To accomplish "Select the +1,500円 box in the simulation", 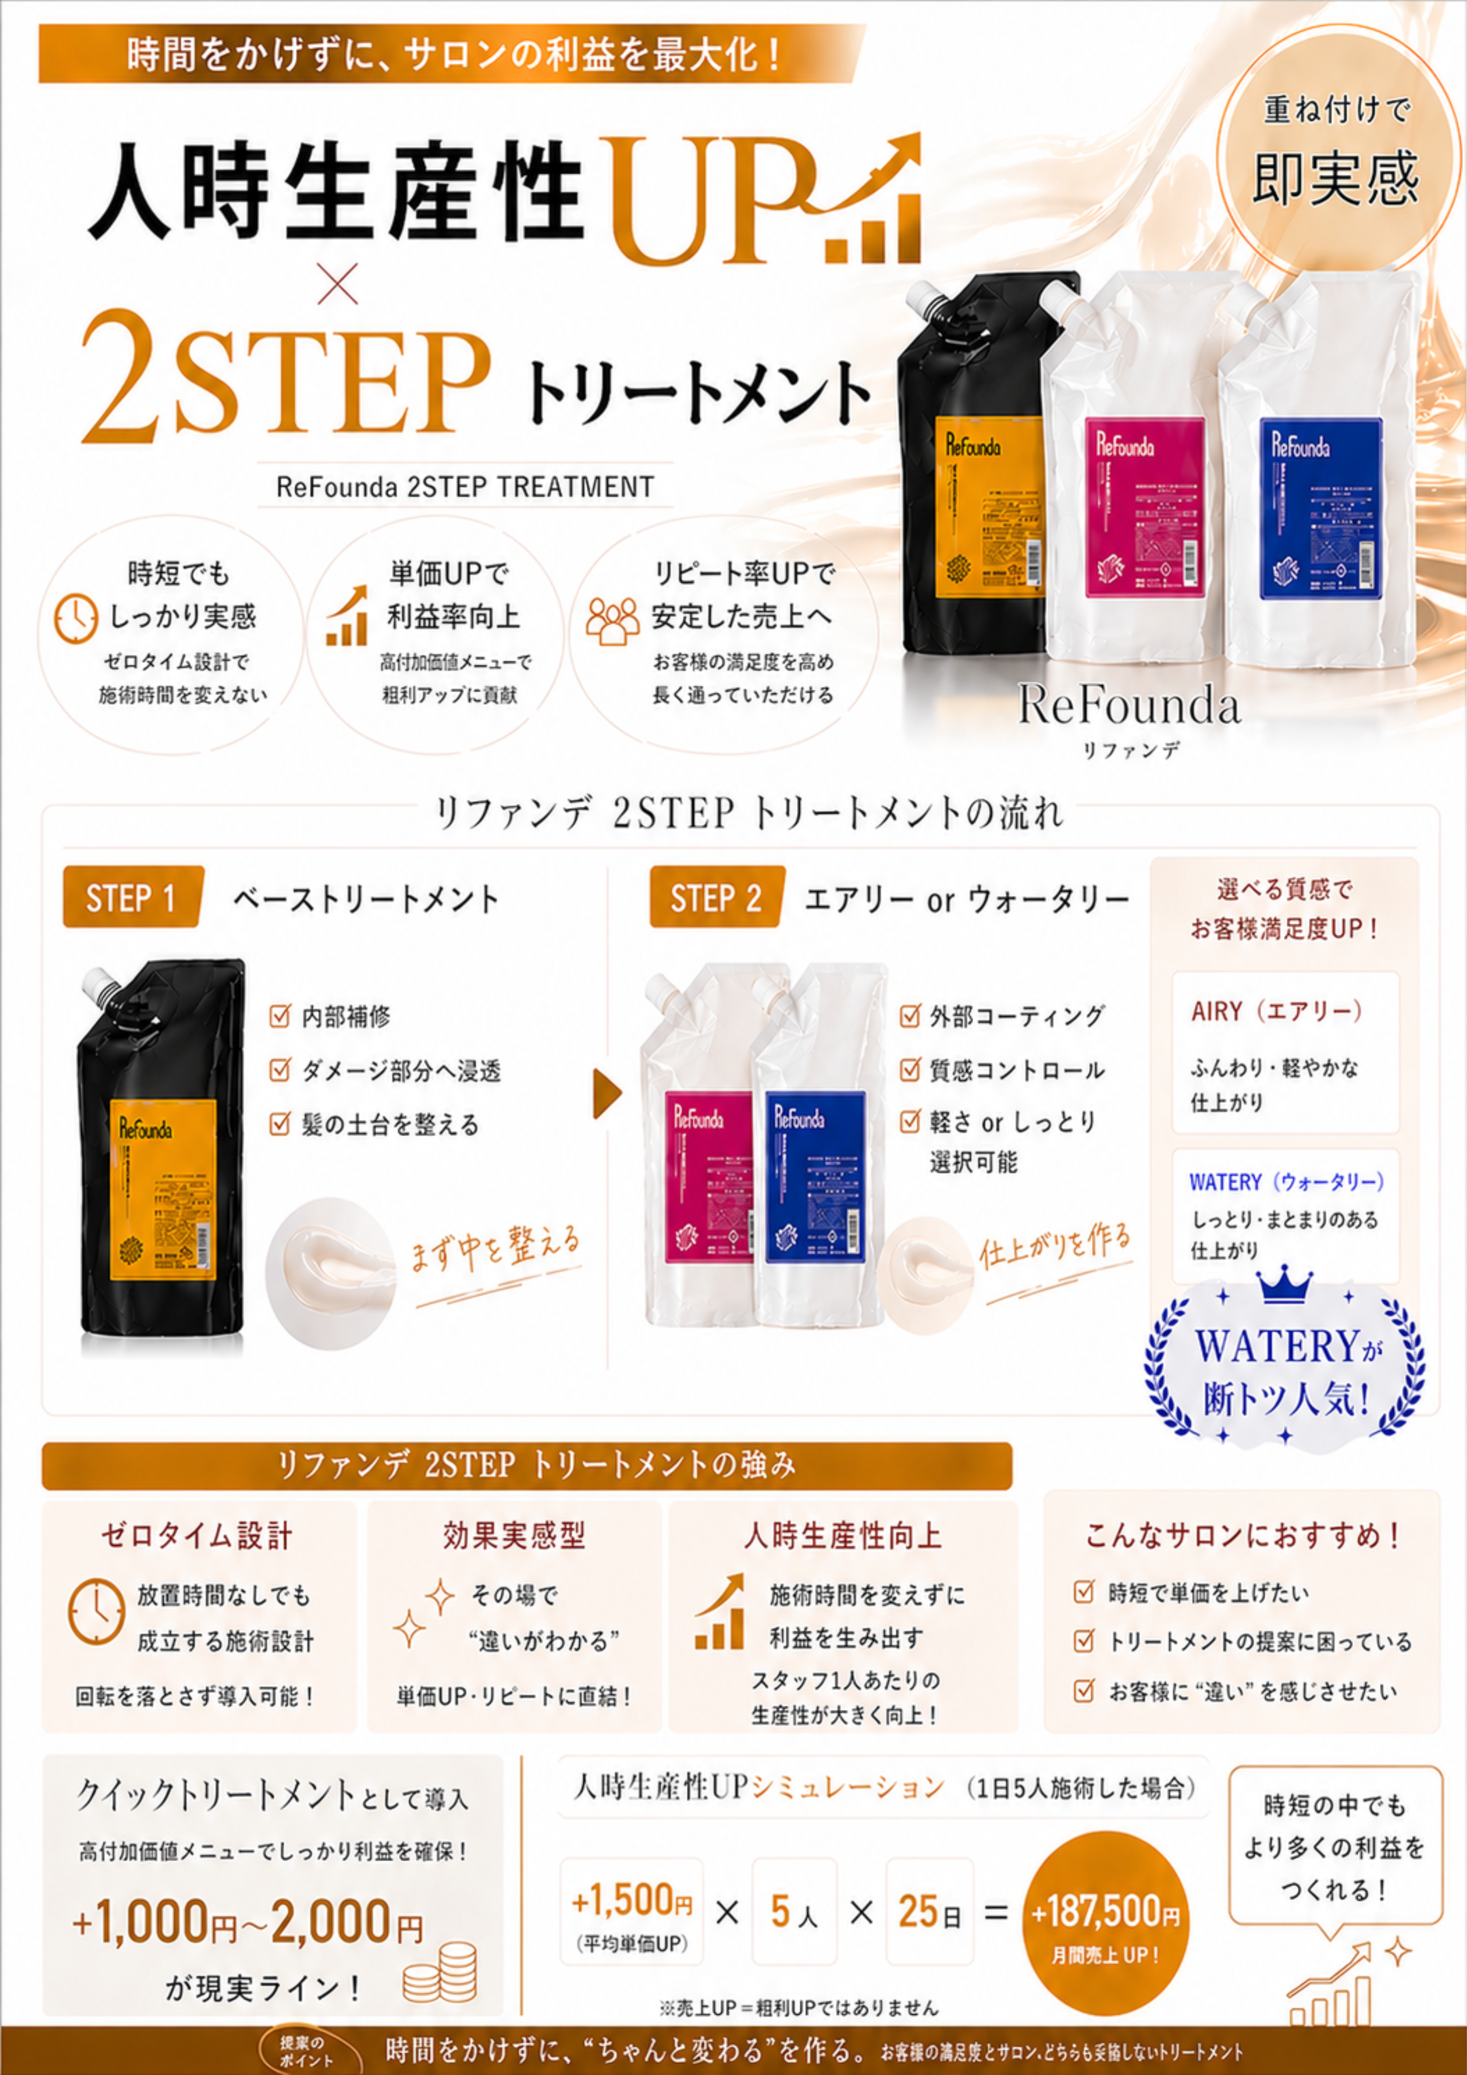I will pyautogui.click(x=632, y=1911).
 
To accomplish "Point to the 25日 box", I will pyautogui.click(x=929, y=1911).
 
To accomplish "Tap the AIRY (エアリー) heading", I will pyautogui.click(x=1276, y=1011).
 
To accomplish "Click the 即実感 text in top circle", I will pyautogui.click(x=1336, y=179).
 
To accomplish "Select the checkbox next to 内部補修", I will pyautogui.click(x=279, y=1016).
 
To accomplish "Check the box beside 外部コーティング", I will pyautogui.click(x=909, y=1016).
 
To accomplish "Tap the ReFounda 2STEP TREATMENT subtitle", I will pyautogui.click(x=465, y=487).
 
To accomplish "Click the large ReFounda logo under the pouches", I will pyautogui.click(x=1130, y=705).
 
